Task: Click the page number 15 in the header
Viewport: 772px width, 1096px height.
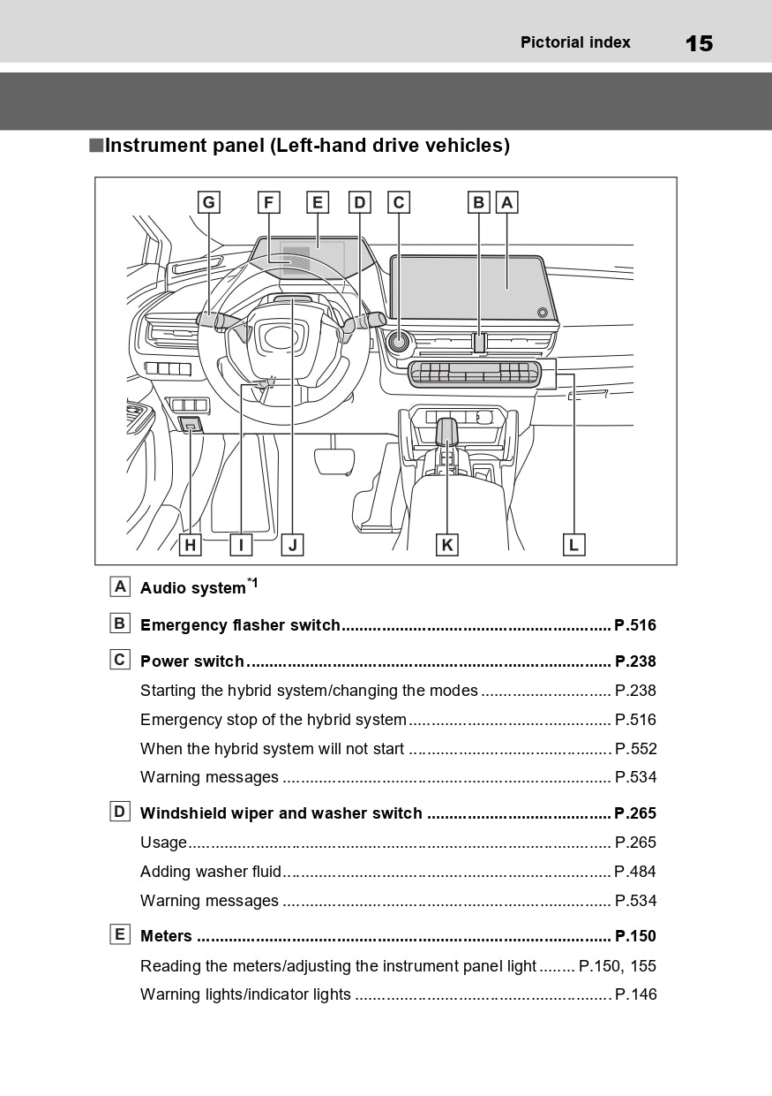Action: (x=699, y=43)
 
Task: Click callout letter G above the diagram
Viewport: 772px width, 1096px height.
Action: (x=208, y=202)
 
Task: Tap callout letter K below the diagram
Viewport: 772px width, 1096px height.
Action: (x=447, y=545)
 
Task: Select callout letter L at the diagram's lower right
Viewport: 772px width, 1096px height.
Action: (x=573, y=545)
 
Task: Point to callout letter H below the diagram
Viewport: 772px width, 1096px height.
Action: (x=190, y=545)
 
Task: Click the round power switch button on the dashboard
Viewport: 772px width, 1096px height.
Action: (x=399, y=340)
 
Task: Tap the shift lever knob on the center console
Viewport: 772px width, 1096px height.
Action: (x=447, y=431)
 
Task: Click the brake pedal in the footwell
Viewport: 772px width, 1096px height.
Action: (x=335, y=460)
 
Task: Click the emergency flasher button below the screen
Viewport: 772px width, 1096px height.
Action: (x=479, y=343)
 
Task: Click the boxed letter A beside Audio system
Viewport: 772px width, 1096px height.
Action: (x=120, y=586)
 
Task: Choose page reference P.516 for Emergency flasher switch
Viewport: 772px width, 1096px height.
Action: (x=635, y=625)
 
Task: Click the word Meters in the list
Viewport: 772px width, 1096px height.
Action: (x=166, y=936)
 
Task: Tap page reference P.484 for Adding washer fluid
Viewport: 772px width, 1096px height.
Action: (x=635, y=872)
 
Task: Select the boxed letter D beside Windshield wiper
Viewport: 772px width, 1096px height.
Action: (x=120, y=812)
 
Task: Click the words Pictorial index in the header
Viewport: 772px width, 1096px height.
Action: (x=575, y=42)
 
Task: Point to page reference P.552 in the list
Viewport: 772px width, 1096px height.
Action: (x=635, y=749)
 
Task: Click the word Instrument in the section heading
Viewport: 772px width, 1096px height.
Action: (x=155, y=146)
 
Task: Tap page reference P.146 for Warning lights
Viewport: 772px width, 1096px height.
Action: (x=635, y=994)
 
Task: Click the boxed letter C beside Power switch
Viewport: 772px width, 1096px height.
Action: (x=120, y=660)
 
